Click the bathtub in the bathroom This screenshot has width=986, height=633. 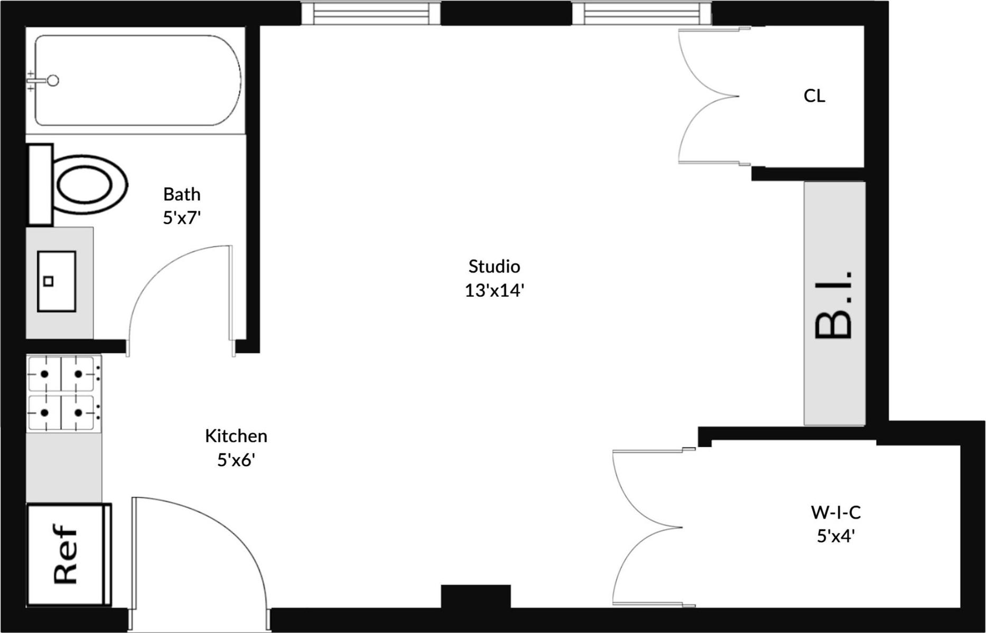[x=137, y=80]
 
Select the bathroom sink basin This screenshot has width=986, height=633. [x=56, y=281]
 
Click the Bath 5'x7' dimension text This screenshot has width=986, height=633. [x=182, y=218]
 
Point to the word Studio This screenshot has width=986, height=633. [x=494, y=266]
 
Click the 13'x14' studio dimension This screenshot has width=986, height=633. [x=494, y=290]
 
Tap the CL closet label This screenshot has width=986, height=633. [x=814, y=96]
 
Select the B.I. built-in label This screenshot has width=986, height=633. [x=834, y=305]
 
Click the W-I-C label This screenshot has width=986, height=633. [x=835, y=512]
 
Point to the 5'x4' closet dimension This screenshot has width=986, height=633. [x=835, y=536]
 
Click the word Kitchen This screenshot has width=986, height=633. [x=236, y=436]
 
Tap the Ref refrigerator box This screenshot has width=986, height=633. [x=66, y=554]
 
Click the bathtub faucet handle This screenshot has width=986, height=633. [x=52, y=81]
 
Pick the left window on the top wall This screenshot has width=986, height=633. [x=370, y=13]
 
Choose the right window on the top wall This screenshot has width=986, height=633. [x=641, y=13]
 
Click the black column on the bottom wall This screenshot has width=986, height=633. [x=476, y=597]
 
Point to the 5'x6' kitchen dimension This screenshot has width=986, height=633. [x=236, y=460]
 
